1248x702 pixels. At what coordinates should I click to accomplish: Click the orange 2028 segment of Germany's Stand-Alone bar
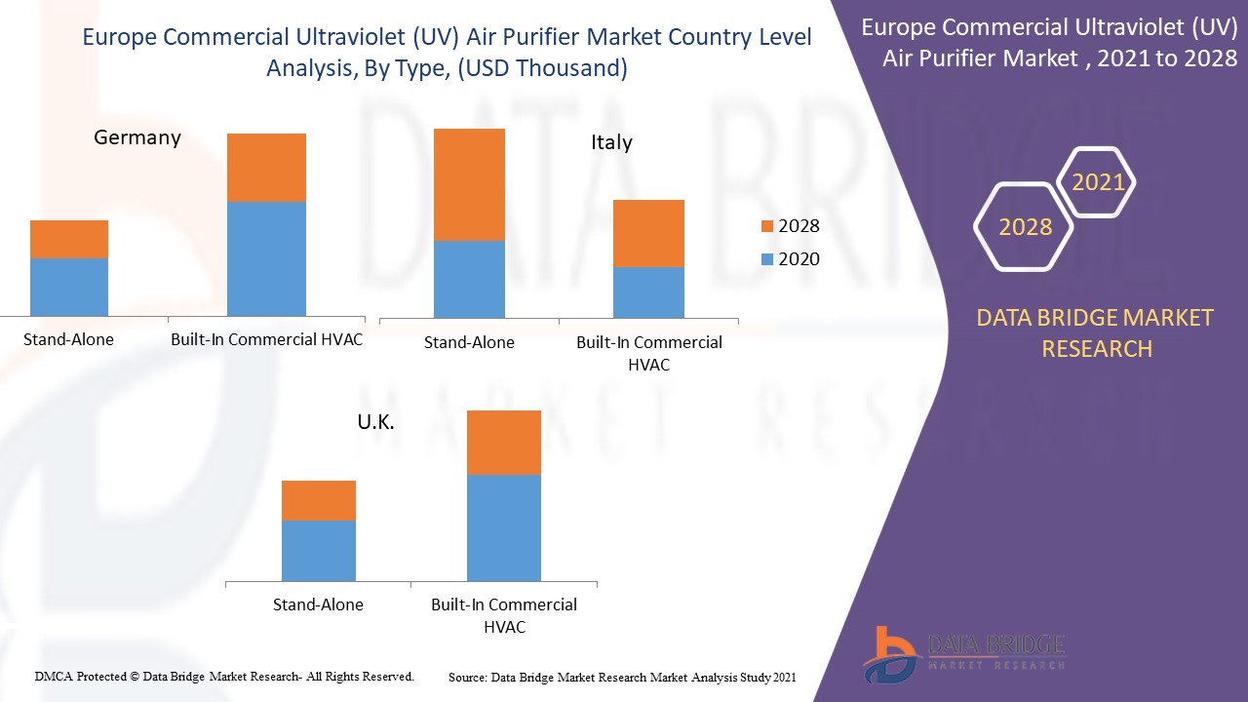69,239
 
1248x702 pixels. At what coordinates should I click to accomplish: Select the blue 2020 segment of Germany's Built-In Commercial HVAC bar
266,258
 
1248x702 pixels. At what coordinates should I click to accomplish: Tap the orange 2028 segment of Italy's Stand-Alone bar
469,184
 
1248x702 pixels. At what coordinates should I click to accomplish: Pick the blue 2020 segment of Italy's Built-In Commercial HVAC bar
648,292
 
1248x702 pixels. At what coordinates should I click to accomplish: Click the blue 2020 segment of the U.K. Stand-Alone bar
318,550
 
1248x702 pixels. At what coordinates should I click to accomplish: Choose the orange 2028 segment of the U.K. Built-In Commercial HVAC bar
503,443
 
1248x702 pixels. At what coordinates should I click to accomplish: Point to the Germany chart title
137,137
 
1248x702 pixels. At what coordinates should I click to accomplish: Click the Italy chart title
611,142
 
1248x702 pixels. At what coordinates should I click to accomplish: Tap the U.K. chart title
375,423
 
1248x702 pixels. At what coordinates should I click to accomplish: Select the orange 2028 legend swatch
767,226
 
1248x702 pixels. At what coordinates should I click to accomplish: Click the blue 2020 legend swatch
767,259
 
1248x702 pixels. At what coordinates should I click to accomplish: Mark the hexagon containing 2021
1098,182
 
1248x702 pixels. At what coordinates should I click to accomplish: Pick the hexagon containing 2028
1025,227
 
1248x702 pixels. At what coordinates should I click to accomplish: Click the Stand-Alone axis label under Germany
68,339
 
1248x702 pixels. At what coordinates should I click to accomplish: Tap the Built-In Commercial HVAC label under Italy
648,353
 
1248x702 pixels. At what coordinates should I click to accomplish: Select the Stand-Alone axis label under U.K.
318,604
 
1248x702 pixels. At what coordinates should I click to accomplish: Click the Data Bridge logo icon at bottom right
889,653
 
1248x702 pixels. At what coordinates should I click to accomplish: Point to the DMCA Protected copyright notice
224,676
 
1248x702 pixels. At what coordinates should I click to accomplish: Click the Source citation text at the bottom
622,677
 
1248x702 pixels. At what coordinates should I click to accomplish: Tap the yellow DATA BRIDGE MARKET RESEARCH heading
1097,332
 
